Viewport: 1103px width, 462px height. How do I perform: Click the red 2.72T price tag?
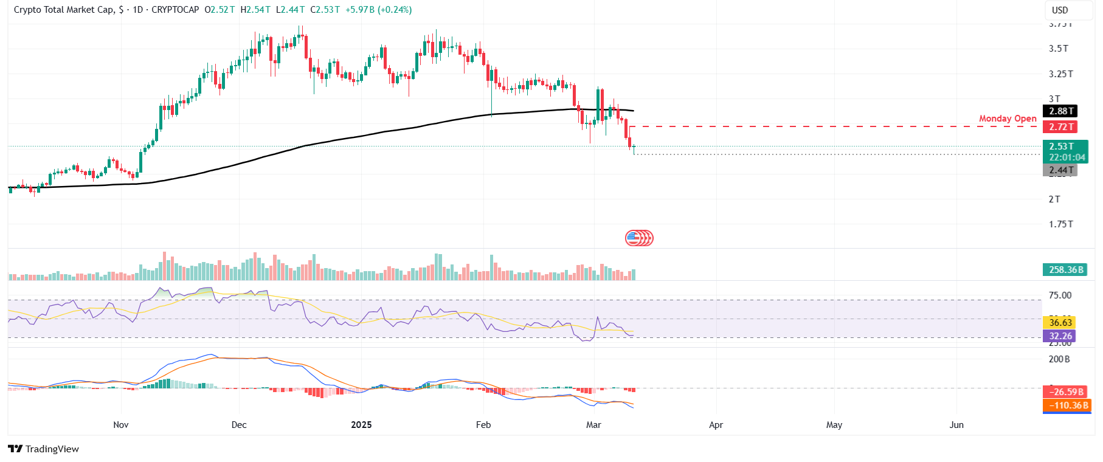tap(1060, 127)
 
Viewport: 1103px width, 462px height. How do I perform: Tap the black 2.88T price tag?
tap(1060, 111)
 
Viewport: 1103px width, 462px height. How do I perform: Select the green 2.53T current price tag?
tap(1065, 147)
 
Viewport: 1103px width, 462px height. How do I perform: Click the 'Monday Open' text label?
tap(1008, 119)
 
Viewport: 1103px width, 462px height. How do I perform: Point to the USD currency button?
tap(1060, 10)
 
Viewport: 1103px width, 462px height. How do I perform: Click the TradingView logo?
tap(44, 449)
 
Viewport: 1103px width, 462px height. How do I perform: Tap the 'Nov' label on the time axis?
tap(121, 424)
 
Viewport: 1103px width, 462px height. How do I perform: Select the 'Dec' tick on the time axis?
tap(239, 424)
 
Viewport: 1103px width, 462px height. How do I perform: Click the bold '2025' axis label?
tap(361, 424)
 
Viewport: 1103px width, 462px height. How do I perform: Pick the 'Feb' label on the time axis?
tap(483, 424)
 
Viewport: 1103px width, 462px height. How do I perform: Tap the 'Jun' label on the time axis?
tap(956, 424)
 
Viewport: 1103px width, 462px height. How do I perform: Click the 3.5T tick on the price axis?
tap(1058, 49)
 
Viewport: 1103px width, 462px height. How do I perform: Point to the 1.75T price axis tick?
tap(1060, 224)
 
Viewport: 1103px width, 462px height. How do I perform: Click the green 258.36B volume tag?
tap(1065, 270)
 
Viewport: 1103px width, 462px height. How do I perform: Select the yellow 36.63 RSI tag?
tap(1060, 323)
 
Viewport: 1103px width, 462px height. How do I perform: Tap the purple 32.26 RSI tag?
tap(1060, 336)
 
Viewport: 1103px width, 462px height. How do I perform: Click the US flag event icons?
tap(639, 238)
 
